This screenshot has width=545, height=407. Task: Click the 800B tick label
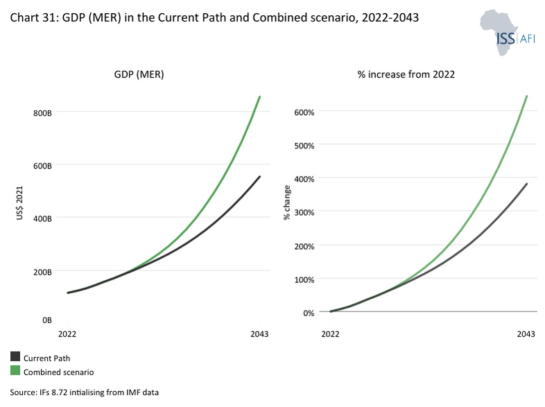pyautogui.click(x=42, y=113)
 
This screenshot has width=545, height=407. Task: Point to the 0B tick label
pyautogui.click(x=47, y=320)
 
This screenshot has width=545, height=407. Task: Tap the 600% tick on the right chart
pyautogui.click(x=304, y=112)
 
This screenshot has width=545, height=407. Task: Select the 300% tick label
pyautogui.click(x=304, y=212)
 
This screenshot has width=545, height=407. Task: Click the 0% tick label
pyautogui.click(x=309, y=313)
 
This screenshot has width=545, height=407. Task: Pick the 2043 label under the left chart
pyautogui.click(x=259, y=334)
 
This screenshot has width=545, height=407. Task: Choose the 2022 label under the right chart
pyautogui.click(x=330, y=334)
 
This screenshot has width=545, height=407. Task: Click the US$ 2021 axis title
pyautogui.click(x=19, y=203)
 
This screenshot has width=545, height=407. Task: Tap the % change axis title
pyautogui.click(x=287, y=202)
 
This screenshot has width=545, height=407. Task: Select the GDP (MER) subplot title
pyautogui.click(x=139, y=74)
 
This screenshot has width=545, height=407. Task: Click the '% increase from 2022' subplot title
pyautogui.click(x=406, y=74)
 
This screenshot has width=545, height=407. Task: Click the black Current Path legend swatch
pyautogui.click(x=15, y=356)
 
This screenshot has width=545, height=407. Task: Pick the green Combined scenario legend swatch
pyautogui.click(x=15, y=370)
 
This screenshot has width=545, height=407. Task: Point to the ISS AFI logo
pyautogui.click(x=508, y=33)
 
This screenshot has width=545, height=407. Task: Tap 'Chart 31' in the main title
pyautogui.click(x=33, y=17)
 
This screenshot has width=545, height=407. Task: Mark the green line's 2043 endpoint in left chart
pyautogui.click(x=259, y=96)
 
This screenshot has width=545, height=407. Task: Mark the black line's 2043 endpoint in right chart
pyautogui.click(x=527, y=184)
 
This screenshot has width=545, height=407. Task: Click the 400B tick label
pyautogui.click(x=42, y=218)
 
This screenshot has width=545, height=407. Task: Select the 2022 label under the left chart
pyautogui.click(x=67, y=334)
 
